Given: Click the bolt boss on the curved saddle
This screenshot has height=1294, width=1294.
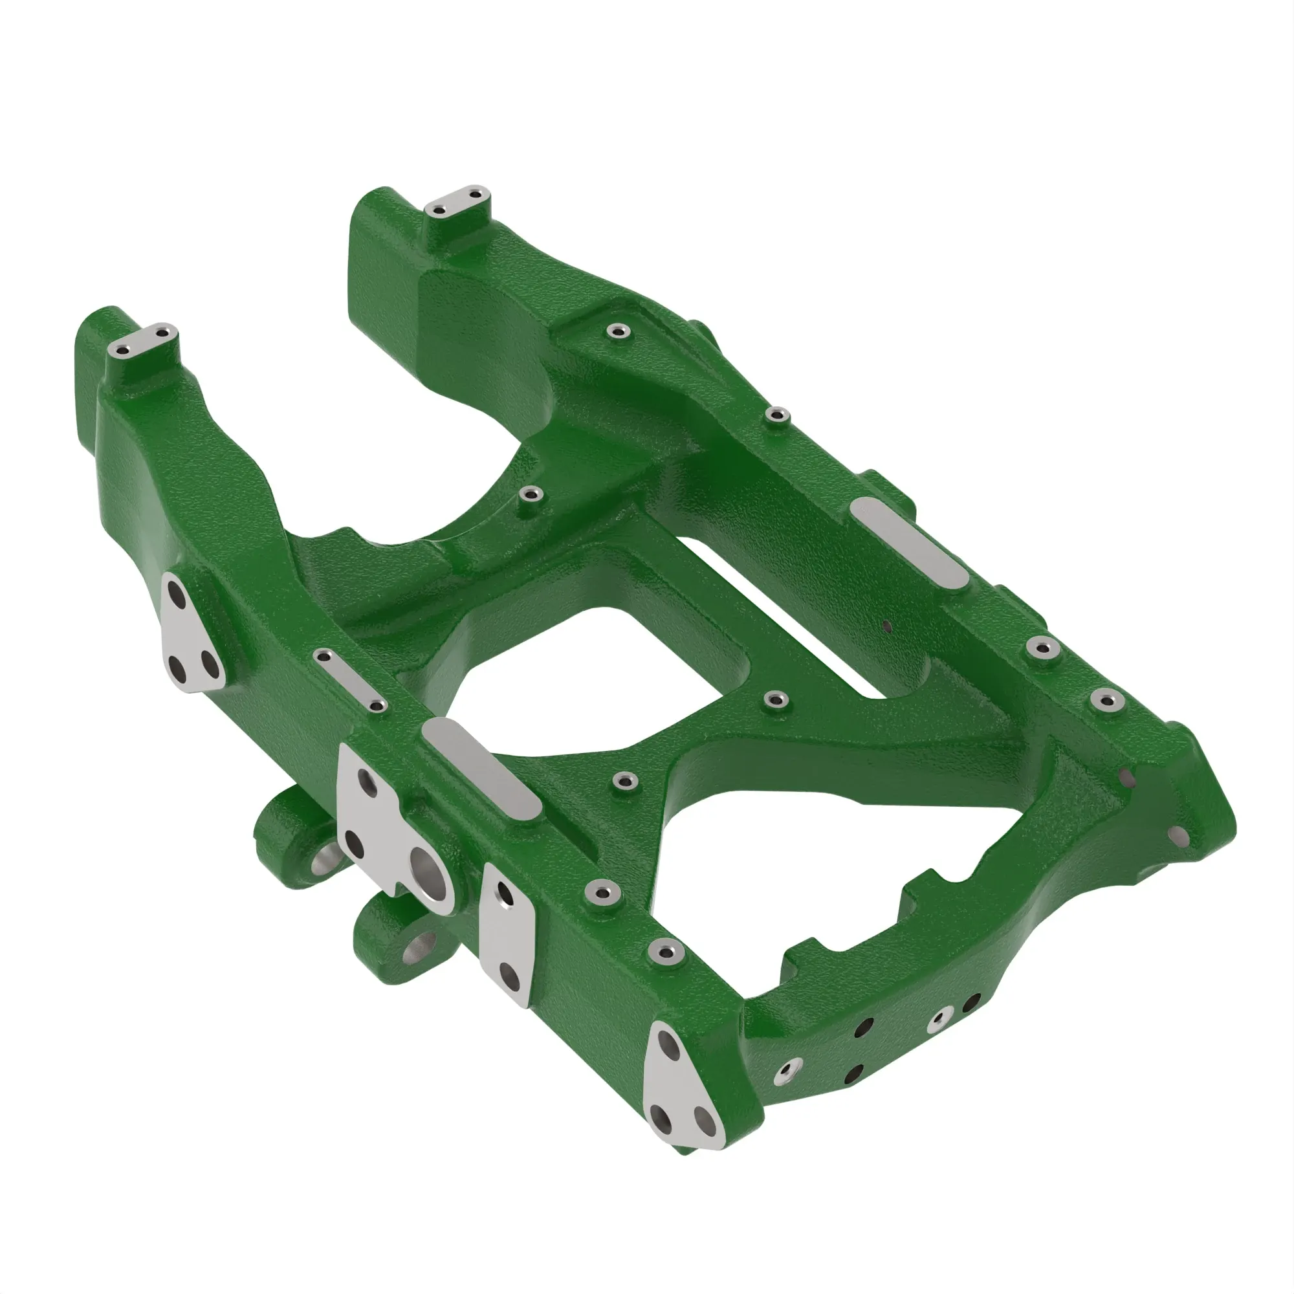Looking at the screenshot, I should [x=533, y=495].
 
